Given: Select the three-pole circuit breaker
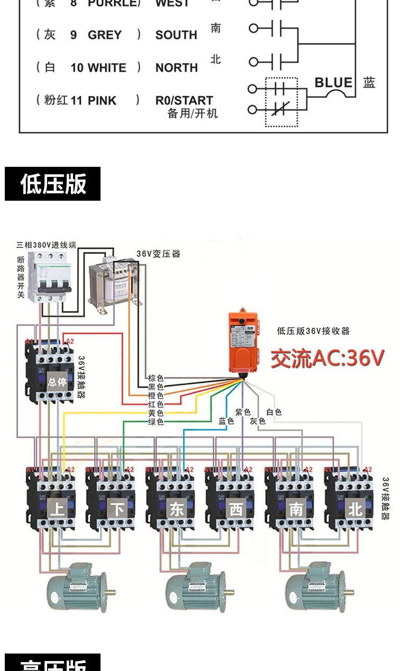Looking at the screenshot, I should pos(49,276).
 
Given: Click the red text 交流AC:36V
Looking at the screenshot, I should pos(328,359).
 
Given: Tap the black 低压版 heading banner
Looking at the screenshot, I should pos(52,184).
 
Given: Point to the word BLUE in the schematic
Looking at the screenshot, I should pos(333,83).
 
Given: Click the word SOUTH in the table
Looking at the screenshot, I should pos(176,35).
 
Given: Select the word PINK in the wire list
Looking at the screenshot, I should pos(102,101).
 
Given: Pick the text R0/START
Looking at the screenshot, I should pos(184,100).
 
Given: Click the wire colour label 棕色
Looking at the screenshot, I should pos(156,378).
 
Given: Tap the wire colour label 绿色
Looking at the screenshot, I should pos(156,422).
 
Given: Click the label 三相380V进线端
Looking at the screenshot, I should pos(47,245).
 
